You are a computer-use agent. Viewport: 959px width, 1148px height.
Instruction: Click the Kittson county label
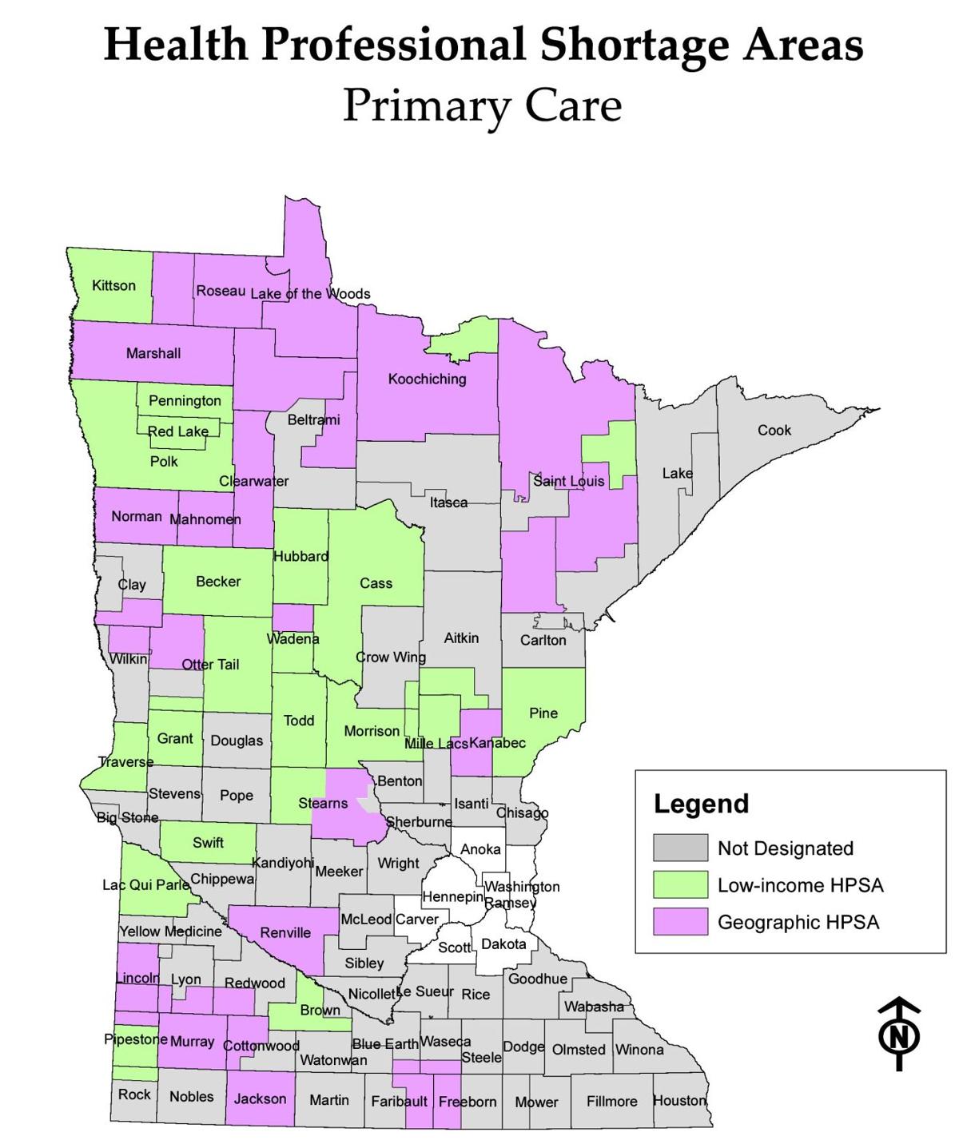[113, 286]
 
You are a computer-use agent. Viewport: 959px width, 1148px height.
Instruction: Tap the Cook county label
[774, 431]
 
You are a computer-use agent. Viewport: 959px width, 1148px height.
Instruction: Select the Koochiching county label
[427, 379]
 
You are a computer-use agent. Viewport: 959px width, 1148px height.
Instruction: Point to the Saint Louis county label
[569, 481]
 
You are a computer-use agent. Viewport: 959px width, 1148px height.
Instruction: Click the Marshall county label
[153, 353]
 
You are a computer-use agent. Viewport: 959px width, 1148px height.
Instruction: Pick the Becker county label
[218, 582]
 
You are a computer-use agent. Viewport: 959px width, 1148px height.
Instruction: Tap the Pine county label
[543, 713]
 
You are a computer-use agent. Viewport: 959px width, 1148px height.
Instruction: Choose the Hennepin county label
[452, 897]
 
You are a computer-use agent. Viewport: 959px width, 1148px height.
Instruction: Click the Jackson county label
[260, 1099]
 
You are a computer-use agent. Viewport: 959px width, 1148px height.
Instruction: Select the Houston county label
[680, 1101]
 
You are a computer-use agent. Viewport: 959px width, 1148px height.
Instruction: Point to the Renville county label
[285, 933]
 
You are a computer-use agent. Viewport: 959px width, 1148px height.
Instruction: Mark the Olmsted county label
[579, 1050]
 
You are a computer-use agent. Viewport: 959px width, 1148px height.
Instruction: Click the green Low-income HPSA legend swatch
[680, 885]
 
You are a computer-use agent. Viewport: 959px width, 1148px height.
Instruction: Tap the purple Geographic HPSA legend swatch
[680, 922]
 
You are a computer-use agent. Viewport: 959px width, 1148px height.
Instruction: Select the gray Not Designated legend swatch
[680, 848]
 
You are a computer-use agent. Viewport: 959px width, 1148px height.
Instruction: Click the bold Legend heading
[701, 804]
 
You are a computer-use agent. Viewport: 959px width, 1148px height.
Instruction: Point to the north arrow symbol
[899, 1034]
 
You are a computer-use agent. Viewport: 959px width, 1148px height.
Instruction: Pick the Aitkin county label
[461, 638]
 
